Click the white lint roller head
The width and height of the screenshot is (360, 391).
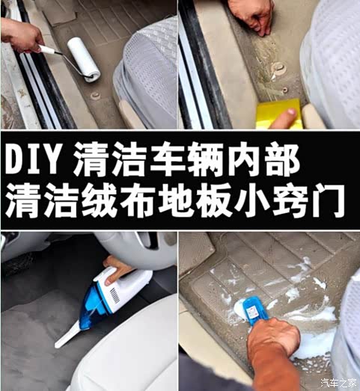pos(84,58)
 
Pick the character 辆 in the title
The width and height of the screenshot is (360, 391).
pos(237,158)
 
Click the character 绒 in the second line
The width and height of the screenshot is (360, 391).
pos(101,198)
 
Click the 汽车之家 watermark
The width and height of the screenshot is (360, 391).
pos(338,384)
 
